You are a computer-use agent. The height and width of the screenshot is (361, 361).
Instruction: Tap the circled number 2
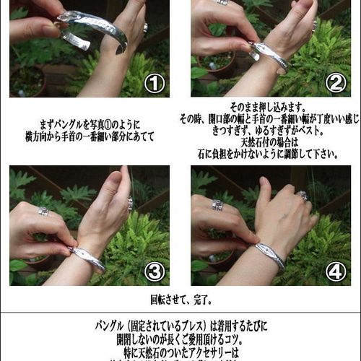[x=334, y=83]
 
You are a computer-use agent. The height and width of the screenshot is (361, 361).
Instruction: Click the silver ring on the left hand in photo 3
[x=43, y=211]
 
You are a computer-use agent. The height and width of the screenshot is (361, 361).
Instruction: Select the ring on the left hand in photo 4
[x=217, y=205]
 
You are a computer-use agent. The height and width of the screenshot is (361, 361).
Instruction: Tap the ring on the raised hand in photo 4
[x=303, y=195]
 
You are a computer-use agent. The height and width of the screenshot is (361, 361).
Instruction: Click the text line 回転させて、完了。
[x=180, y=297]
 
